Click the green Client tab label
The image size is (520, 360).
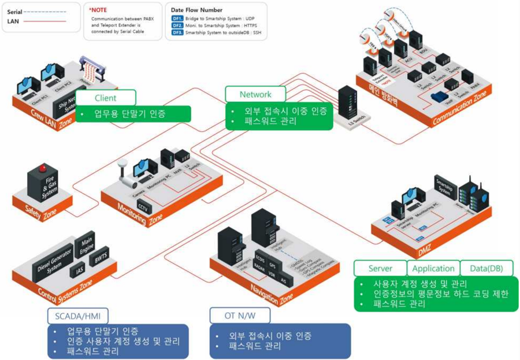click(x=105, y=98)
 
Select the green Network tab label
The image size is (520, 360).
click(x=255, y=94)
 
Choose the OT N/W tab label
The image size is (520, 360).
click(x=238, y=316)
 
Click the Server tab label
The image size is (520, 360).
click(x=380, y=268)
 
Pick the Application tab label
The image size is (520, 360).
click(x=433, y=268)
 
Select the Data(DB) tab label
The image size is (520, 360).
click(x=486, y=268)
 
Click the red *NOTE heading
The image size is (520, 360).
click(x=98, y=10)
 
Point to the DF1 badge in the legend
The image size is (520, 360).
click(x=177, y=18)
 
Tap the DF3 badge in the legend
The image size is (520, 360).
click(x=177, y=34)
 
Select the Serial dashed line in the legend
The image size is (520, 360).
click(x=46, y=11)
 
